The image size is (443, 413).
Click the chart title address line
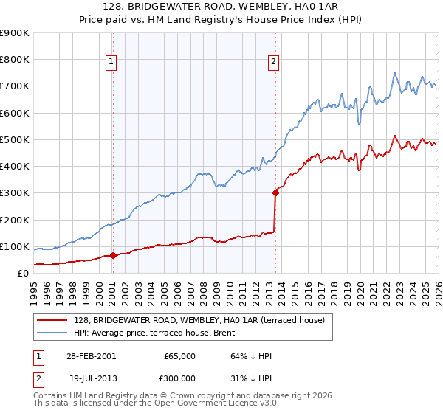pos(221,6)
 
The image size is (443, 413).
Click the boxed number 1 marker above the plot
pos(111,62)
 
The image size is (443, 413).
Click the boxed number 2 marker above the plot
pos(273,62)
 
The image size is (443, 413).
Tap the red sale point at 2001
pos(113,256)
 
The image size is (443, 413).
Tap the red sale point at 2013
pos(275,193)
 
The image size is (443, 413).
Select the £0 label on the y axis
pos(21,273)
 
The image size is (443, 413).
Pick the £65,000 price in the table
pos(179,356)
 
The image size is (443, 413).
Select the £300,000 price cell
pos(179,378)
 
